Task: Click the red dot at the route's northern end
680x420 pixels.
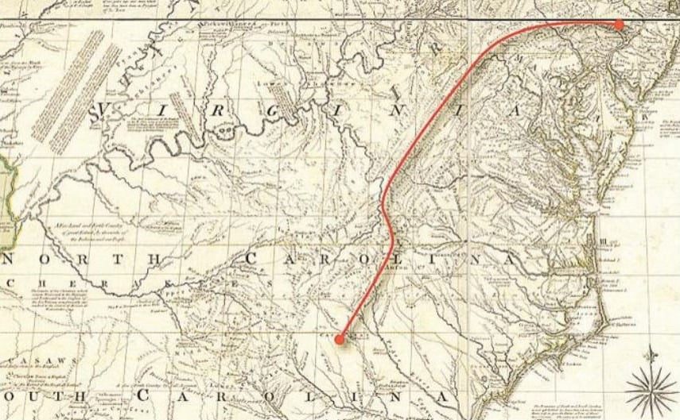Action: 620,25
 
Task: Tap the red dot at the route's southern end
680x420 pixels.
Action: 340,339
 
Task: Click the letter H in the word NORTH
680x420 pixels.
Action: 160,259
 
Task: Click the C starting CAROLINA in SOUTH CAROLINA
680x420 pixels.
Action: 146,395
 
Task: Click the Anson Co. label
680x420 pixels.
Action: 395,268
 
